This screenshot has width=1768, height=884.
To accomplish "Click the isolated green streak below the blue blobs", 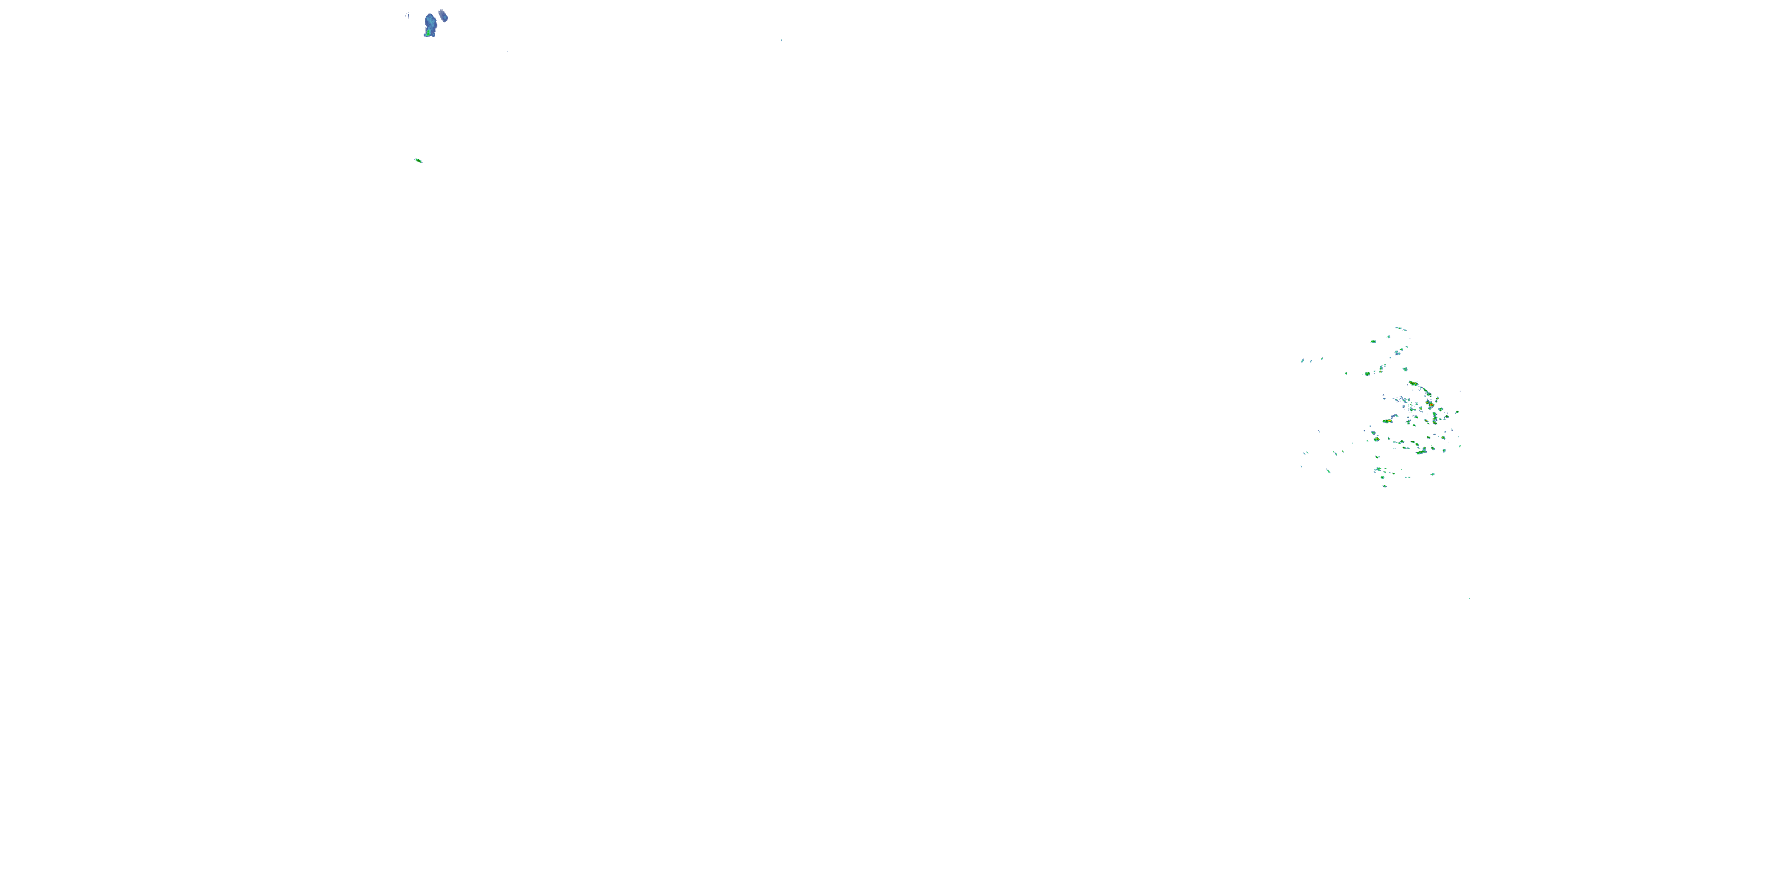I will tap(418, 161).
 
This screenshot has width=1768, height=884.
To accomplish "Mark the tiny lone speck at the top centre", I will tap(781, 40).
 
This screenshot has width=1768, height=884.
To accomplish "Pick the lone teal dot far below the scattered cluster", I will tap(1469, 599).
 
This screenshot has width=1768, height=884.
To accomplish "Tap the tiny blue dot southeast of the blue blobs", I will tap(507, 51).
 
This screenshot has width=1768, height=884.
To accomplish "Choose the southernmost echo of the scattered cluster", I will tap(1384, 486).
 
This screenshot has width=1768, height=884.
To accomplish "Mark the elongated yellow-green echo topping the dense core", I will tap(1413, 383).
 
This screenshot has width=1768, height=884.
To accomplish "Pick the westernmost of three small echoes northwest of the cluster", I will tap(1302, 360).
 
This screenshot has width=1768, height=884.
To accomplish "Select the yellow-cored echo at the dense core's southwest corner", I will tap(1377, 438).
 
